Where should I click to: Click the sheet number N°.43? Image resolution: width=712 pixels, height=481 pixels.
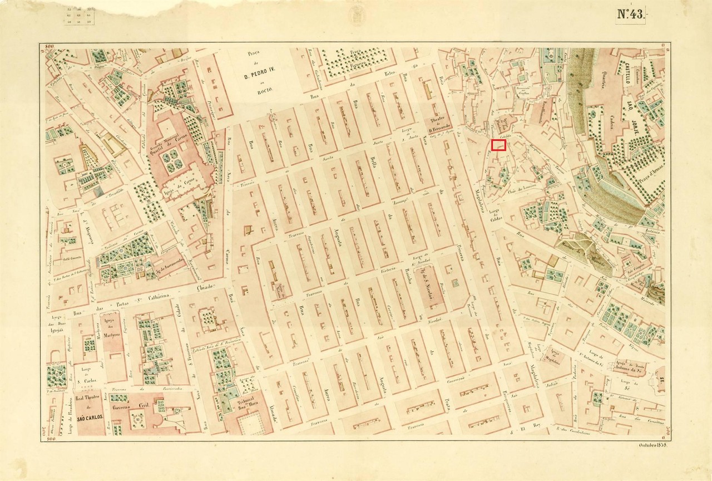pos(631,15)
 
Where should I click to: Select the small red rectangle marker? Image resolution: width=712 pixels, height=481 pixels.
pos(498,145)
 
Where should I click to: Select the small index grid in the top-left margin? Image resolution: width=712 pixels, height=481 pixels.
pos(80,16)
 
